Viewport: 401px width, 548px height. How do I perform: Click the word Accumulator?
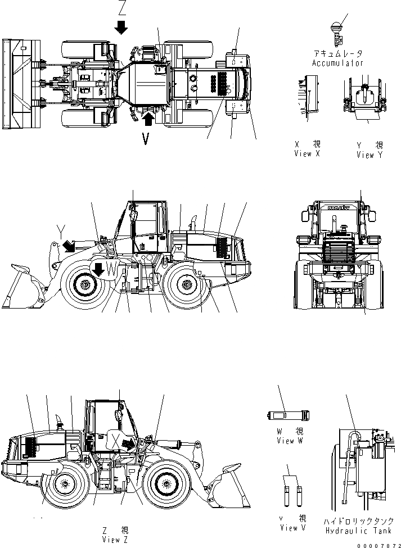click(x=337, y=64)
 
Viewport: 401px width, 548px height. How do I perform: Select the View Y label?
click(x=369, y=155)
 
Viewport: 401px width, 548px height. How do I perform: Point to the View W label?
click(x=290, y=441)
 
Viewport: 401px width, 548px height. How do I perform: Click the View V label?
click(x=293, y=528)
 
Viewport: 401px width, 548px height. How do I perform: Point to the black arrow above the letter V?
click(x=148, y=119)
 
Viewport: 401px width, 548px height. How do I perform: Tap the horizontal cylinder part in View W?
click(x=287, y=415)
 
